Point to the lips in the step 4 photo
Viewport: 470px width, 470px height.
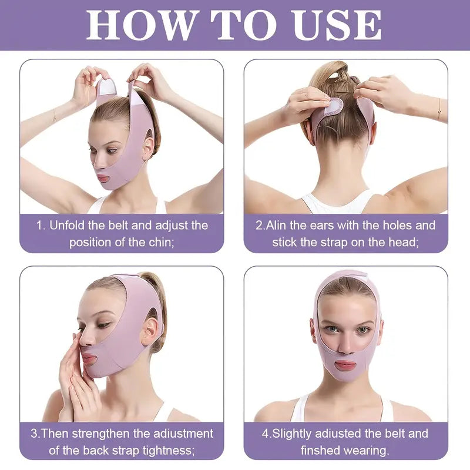[x=345, y=365]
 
